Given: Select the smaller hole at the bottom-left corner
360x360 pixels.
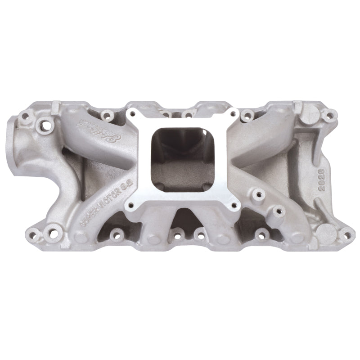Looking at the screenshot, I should point(31,233).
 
